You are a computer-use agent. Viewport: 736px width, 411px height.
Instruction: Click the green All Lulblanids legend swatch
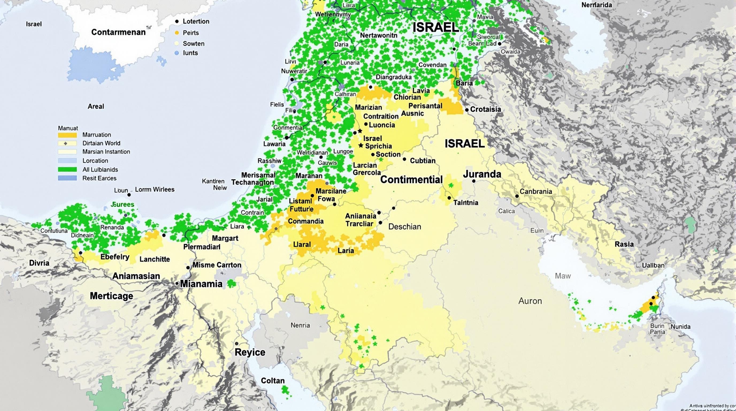[67, 169]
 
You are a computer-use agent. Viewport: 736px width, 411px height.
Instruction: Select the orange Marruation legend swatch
[67, 135]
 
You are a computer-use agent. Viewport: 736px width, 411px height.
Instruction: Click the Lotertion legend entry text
[196, 21]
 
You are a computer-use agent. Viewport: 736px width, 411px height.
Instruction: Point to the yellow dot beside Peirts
[177, 33]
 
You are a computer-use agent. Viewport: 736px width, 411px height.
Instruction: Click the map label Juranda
[482, 174]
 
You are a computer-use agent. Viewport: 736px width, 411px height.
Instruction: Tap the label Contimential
[411, 180]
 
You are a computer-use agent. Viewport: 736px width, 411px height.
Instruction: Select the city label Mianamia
[201, 284]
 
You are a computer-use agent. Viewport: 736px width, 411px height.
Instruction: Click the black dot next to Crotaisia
[467, 110]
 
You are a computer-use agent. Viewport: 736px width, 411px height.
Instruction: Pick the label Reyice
[250, 352]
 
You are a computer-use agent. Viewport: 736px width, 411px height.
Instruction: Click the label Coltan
[273, 381]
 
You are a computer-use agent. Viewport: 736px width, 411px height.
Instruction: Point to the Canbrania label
[535, 192]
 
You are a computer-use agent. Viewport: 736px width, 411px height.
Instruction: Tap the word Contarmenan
[118, 32]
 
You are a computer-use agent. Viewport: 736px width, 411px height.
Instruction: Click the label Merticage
[112, 296]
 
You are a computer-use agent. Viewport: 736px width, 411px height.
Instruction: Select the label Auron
[530, 301]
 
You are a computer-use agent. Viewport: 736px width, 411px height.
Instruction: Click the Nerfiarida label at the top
[597, 5]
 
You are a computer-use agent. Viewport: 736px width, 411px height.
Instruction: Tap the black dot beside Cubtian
[404, 159]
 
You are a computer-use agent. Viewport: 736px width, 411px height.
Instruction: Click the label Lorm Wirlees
[155, 189]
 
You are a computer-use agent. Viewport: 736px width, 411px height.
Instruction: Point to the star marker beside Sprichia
[361, 146]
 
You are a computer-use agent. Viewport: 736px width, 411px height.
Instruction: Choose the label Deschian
[404, 227]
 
